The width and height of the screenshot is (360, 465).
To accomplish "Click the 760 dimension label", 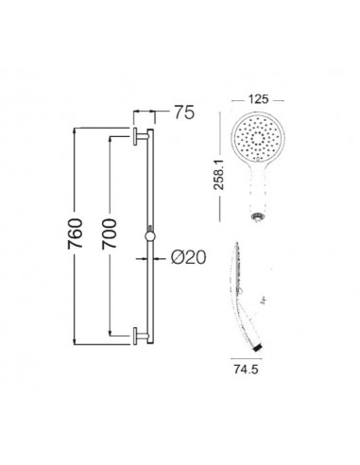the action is (75, 233).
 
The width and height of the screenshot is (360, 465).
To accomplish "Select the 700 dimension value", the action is (109, 233).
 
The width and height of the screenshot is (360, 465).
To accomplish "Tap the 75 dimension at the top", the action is (184, 112).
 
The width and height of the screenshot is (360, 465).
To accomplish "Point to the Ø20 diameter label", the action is (189, 258).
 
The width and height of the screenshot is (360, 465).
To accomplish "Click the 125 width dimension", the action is (258, 99).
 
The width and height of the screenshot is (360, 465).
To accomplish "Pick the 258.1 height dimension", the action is (218, 175).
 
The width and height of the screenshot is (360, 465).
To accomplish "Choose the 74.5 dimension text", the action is (246, 370).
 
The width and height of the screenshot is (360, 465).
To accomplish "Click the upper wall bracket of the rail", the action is (141, 136).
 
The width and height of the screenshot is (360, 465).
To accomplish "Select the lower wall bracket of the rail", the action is (141, 336).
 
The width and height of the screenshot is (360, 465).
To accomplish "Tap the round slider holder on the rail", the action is (150, 237).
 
